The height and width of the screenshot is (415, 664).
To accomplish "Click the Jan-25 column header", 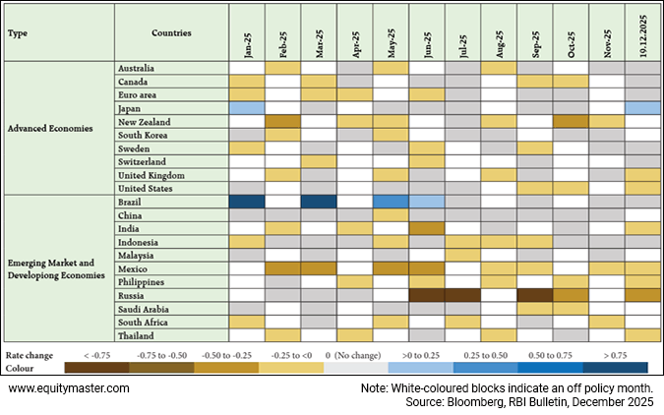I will click(x=247, y=33).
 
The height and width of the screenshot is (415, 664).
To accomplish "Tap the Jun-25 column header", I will click(x=427, y=33).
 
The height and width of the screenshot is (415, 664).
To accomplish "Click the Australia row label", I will click(x=136, y=68).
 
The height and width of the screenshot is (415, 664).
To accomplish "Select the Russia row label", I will click(x=130, y=294).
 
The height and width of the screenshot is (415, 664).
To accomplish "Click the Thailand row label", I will click(x=135, y=334).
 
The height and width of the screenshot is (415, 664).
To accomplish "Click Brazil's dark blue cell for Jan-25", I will click(x=247, y=202).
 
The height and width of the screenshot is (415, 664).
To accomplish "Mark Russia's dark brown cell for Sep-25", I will click(x=535, y=294).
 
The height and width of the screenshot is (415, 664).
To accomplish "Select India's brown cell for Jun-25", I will click(x=427, y=228).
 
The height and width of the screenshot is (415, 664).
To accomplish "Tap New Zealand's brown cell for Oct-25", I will click(x=571, y=121).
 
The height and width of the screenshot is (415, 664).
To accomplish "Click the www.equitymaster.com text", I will click(x=68, y=388).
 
